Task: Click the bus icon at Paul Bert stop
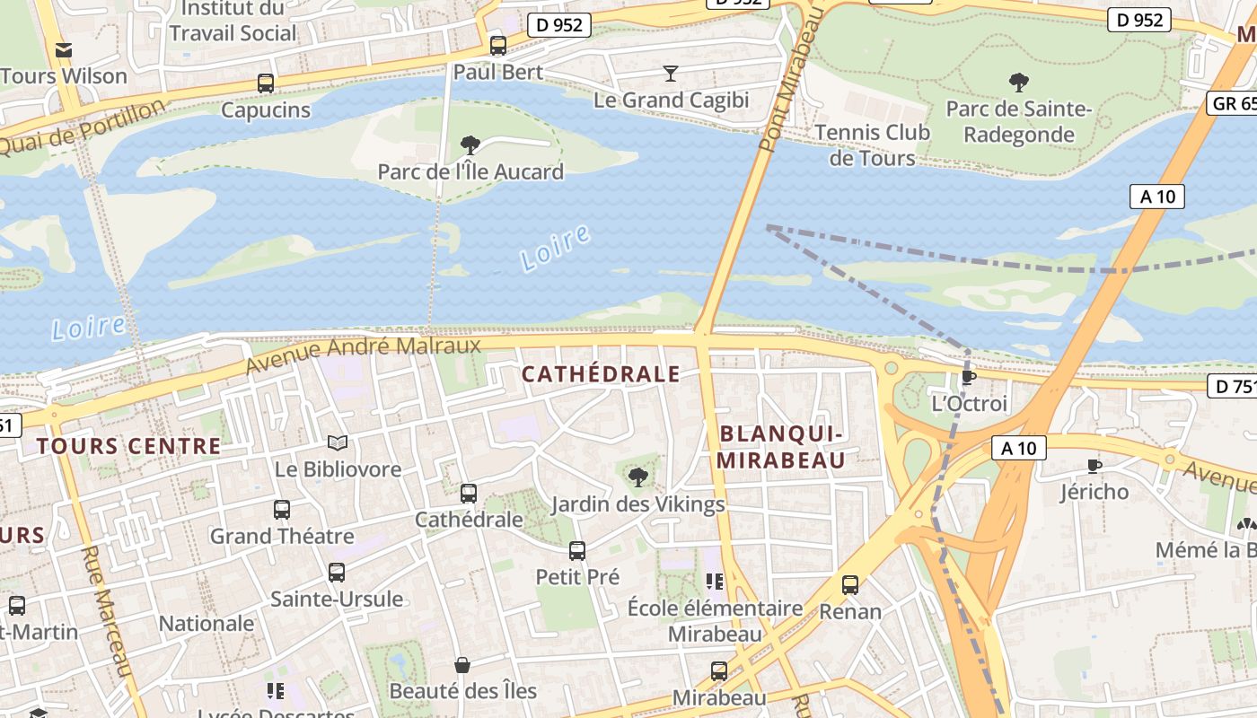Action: pos(498,45)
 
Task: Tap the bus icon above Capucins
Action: pos(266,83)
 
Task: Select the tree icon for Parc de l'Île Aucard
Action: pos(470,144)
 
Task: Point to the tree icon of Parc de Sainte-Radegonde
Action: pos(1019,83)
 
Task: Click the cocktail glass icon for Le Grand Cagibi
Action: pos(670,73)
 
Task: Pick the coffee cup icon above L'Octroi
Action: pos(968,377)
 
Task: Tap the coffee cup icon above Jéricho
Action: pos(1094,465)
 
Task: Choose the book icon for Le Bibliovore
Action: pos(338,442)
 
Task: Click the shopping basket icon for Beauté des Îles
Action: pos(462,665)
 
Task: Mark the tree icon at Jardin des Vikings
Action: pos(637,477)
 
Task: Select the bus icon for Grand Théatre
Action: pos(282,510)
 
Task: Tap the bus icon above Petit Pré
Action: pos(577,551)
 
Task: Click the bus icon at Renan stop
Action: pos(850,585)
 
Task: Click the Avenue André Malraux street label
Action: pos(363,355)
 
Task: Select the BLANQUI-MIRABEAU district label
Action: pos(782,447)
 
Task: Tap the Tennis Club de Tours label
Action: pos(872,145)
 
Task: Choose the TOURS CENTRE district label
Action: pos(128,446)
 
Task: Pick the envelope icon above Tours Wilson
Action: pos(64,50)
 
